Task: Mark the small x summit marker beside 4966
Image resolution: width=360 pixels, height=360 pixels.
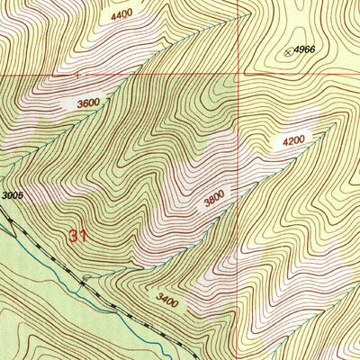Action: point(289,52)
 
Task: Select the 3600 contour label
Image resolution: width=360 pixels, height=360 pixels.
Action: point(88,103)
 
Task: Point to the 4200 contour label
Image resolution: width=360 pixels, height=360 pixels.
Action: point(295,141)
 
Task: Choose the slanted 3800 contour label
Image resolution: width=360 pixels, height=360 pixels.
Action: point(214,201)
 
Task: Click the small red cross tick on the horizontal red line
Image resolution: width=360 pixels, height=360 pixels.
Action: point(78,75)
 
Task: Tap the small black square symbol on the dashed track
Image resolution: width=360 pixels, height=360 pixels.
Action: point(83,281)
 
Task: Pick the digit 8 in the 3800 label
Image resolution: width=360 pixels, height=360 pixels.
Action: point(211,202)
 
